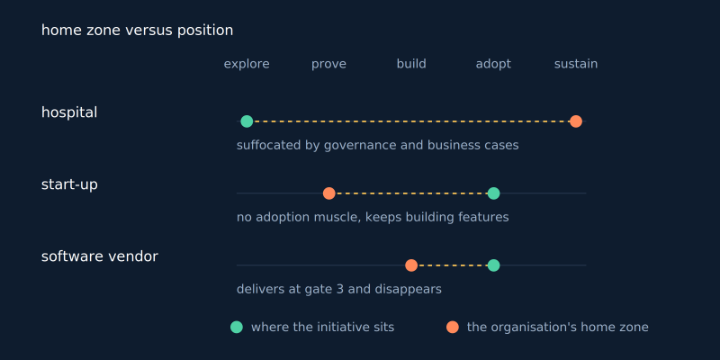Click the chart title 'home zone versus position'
click(138, 31)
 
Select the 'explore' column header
click(247, 64)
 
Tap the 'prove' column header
click(328, 64)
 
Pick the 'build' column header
click(411, 64)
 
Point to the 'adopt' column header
click(493, 64)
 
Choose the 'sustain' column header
click(576, 64)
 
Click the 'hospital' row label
click(69, 112)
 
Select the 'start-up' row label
click(69, 184)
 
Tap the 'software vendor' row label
click(100, 256)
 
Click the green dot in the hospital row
click(247, 121)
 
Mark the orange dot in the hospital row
click(576, 121)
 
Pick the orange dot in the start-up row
click(328, 193)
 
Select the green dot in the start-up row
click(493, 193)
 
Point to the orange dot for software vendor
click(411, 265)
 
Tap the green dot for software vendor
click(493, 265)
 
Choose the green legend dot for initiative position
click(237, 327)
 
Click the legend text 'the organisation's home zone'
click(557, 328)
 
